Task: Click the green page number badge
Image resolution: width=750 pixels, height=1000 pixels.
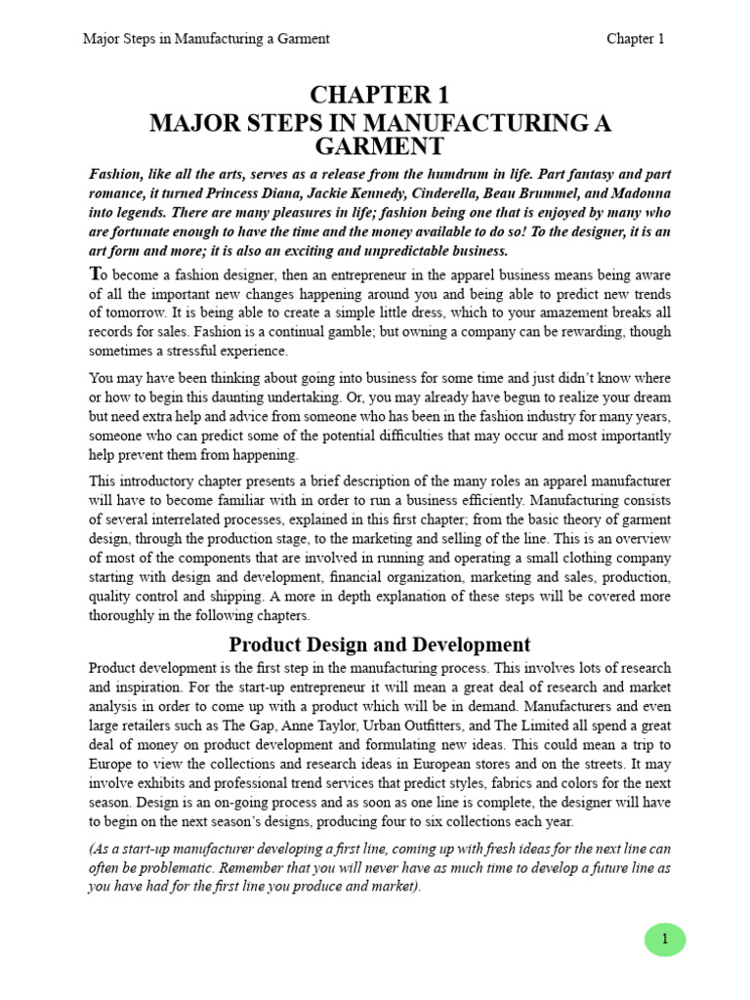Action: point(665,939)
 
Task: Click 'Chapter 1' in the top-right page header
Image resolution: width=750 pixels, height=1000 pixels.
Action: point(635,39)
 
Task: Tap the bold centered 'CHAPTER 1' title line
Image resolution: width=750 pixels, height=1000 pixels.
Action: point(380,96)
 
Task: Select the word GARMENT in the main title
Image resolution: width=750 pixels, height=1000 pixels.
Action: point(380,146)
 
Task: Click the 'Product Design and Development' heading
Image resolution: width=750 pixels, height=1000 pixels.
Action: point(380,645)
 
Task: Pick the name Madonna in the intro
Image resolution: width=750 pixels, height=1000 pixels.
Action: point(640,194)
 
